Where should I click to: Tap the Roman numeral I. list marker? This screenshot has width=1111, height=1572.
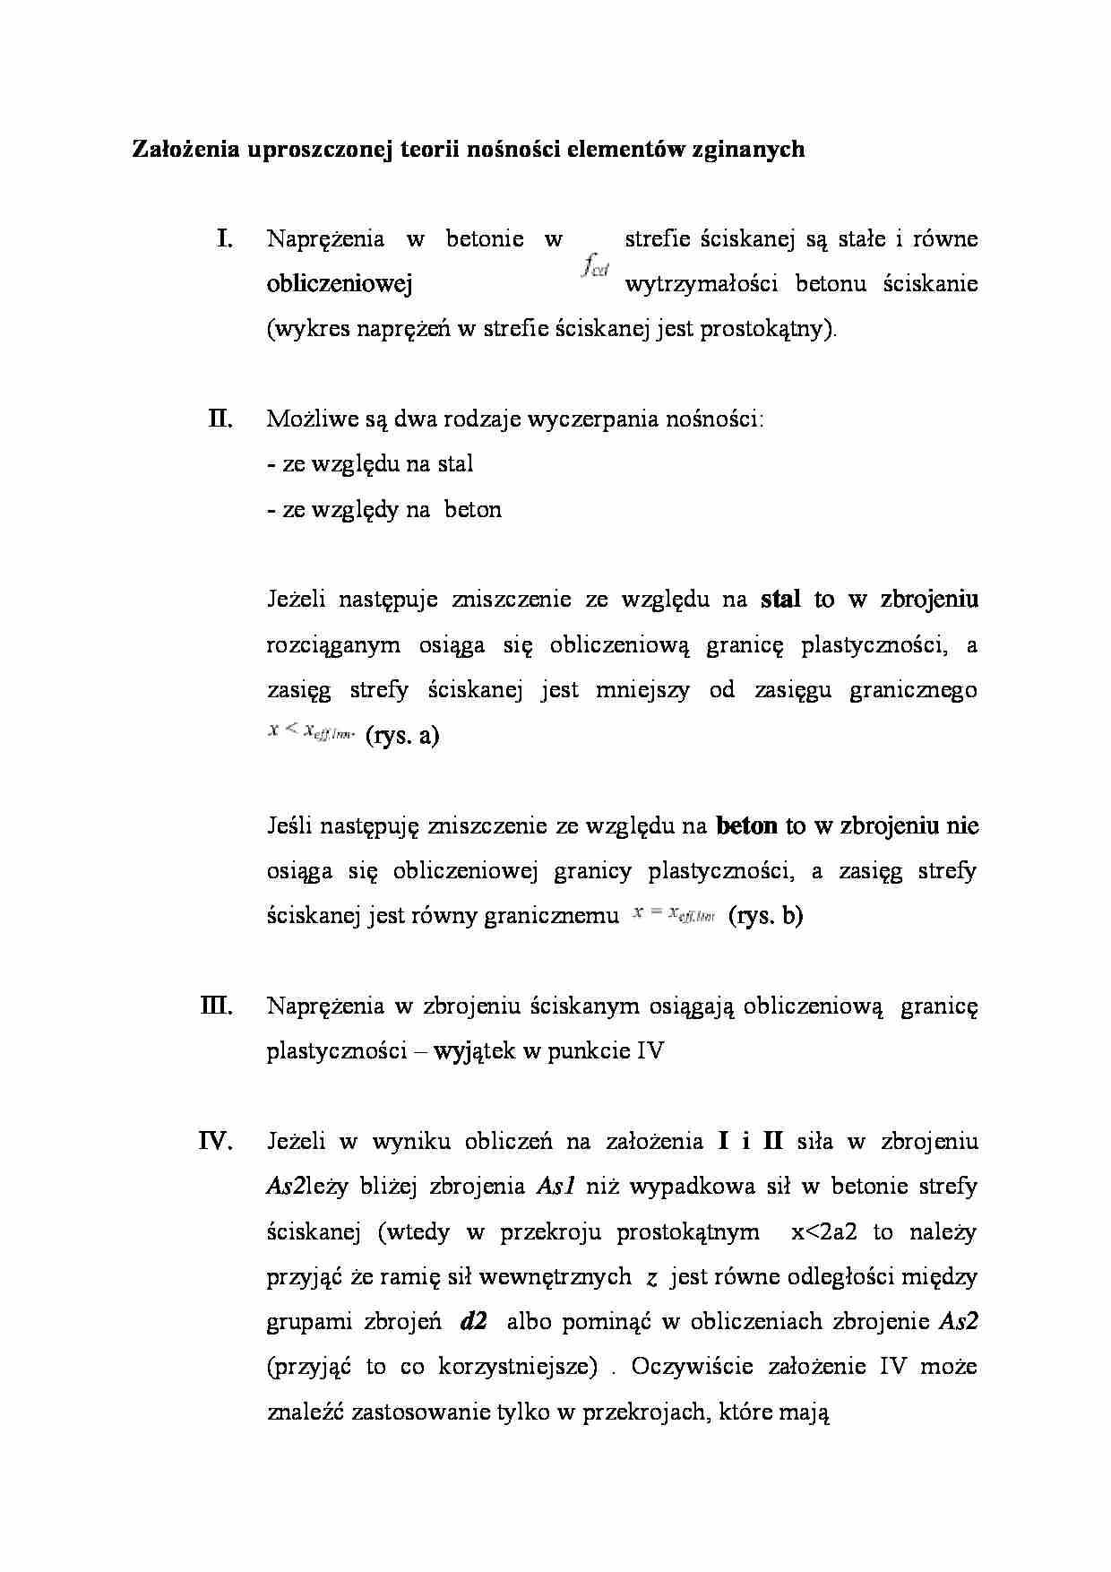[224, 238]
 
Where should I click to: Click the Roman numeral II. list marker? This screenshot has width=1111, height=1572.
[220, 419]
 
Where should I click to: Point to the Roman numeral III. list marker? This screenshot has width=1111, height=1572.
[217, 1006]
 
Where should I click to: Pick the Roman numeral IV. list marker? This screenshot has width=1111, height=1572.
[216, 1141]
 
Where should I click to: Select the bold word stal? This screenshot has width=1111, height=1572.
[780, 600]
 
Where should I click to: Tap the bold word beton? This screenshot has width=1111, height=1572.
[747, 825]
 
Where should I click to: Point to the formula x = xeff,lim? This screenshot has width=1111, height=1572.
[673, 914]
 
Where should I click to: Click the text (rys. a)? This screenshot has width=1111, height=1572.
[403, 736]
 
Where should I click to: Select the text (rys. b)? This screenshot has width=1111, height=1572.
[766, 916]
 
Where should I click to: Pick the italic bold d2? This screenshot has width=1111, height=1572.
[472, 1322]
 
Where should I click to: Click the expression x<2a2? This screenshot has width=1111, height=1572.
[824, 1231]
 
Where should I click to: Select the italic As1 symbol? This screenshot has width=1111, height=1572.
[555, 1187]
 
